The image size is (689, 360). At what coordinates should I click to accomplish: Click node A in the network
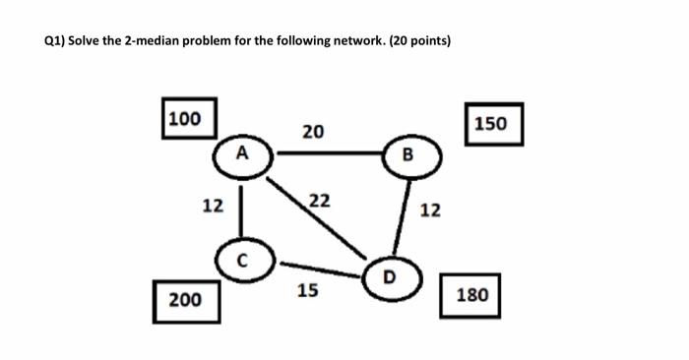242,154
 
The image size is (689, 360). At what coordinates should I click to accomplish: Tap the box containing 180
472,294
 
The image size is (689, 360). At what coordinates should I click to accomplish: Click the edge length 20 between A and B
313,131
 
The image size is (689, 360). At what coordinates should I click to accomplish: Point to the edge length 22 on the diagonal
319,201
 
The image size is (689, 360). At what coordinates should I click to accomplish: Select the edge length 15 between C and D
307,291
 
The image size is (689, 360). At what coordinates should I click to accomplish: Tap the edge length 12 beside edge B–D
431,210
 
